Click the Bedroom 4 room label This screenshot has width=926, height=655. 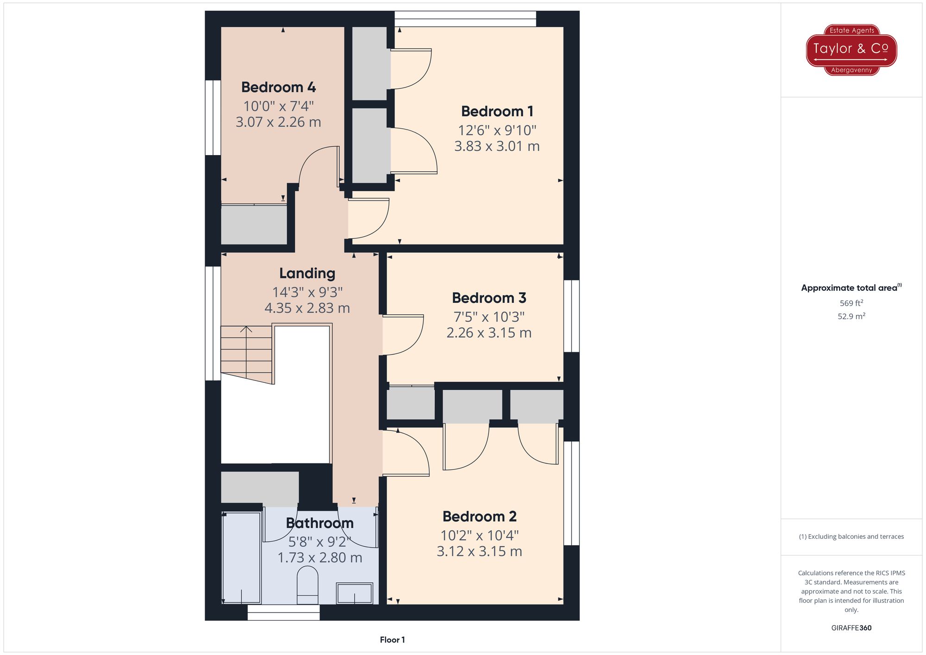click(278, 87)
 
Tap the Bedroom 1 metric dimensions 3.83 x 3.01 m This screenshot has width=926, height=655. click(497, 146)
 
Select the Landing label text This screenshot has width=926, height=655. click(307, 273)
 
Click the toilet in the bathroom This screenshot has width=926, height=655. click(307, 584)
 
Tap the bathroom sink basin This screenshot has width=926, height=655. click(354, 593)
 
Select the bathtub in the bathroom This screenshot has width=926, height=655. click(241, 557)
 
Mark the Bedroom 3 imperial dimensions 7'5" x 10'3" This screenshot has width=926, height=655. click(489, 317)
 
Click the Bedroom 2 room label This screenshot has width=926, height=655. click(479, 516)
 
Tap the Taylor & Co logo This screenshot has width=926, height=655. click(851, 49)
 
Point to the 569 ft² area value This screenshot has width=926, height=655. click(851, 303)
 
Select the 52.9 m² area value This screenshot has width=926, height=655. click(851, 316)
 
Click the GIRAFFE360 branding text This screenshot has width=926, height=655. click(851, 628)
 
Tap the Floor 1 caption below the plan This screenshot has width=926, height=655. click(392, 640)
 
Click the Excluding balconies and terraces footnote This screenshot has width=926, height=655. click(851, 536)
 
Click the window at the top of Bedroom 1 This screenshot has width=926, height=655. click(465, 19)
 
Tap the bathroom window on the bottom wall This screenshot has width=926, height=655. click(283, 612)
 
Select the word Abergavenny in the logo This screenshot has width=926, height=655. click(851, 70)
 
